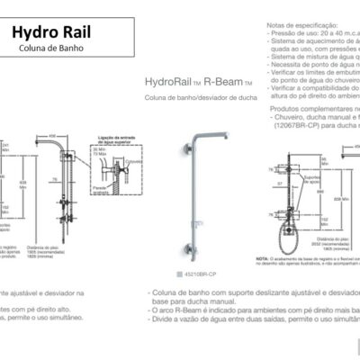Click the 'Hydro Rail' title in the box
(x=51, y=33)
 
